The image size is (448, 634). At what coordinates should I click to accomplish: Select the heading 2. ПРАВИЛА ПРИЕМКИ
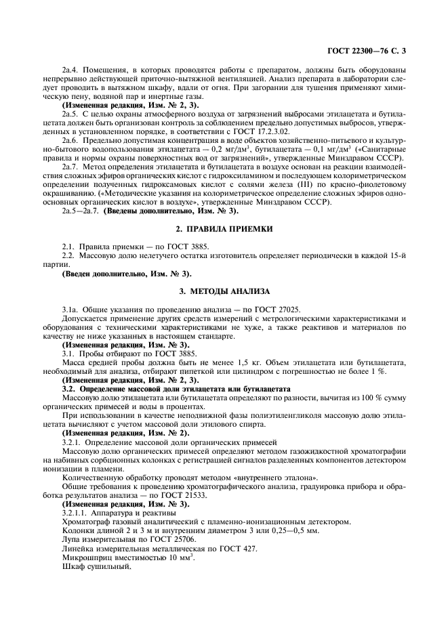click(224, 229)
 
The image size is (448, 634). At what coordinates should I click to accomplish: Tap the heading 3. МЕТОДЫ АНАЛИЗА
click(224, 291)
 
